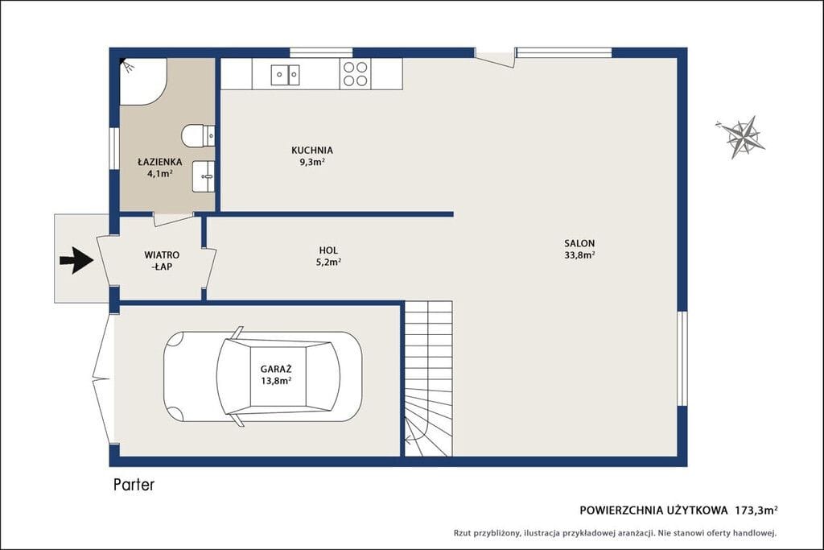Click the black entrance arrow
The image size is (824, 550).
(76, 260)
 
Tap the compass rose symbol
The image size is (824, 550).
(741, 137)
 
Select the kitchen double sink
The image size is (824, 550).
(286, 75)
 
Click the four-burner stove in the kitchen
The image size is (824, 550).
(355, 73)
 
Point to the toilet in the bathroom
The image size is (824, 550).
(198, 135)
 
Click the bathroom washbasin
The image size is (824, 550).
(204, 176)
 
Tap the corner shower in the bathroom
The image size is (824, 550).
(143, 81)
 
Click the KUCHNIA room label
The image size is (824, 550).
(312, 151)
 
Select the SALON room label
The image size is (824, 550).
(579, 243)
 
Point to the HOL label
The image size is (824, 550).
(328, 250)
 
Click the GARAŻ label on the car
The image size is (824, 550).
(276, 369)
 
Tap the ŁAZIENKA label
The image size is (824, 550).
(160, 162)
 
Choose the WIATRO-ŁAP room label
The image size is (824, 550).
(162, 261)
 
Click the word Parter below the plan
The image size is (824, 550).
(134, 484)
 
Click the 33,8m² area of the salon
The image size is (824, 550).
(579, 255)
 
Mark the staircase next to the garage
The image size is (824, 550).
(428, 378)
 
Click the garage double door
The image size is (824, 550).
(103, 378)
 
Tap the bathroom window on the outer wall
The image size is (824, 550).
(113, 148)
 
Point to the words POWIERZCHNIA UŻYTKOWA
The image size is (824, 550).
(653, 510)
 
